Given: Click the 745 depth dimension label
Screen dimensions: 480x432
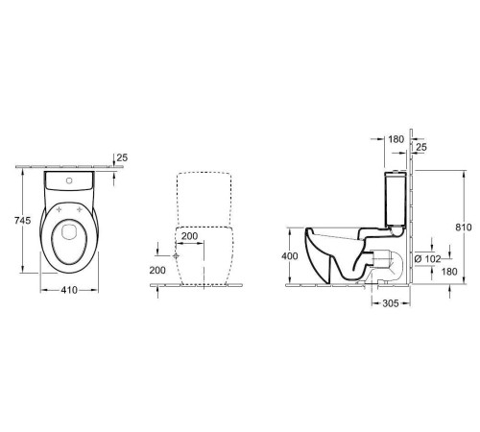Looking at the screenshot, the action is coord(23,221).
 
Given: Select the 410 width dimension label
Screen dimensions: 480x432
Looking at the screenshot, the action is coord(69,290).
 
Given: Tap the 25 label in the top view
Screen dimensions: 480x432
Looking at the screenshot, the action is coord(122,157).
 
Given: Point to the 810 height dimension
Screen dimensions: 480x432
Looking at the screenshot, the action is coord(464,228).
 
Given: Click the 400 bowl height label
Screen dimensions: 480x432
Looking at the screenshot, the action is coord(290,256).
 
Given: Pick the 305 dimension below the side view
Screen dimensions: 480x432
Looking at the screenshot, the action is coord(391,303).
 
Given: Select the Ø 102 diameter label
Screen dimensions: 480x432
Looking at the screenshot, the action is coord(428,259).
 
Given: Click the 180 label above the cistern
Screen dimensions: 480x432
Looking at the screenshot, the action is coord(396,139).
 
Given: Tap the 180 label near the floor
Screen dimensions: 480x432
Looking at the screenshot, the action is coord(449,272).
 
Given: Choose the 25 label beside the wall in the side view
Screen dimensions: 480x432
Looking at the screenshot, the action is coord(421,147).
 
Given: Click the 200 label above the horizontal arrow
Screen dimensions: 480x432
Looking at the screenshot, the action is coord(190,236).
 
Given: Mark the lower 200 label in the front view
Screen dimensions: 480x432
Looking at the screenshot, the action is coord(157,271).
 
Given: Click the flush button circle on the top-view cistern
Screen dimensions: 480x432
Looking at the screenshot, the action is coord(69,180).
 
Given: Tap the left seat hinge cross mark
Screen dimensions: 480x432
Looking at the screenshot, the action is coord(59,209).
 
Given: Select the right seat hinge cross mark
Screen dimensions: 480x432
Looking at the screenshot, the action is coord(80,209).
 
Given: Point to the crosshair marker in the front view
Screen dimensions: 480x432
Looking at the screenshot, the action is coord(176,255).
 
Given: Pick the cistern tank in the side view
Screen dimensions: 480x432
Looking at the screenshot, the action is coord(396,199).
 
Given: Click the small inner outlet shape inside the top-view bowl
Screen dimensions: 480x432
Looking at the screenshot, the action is coord(68,231).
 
